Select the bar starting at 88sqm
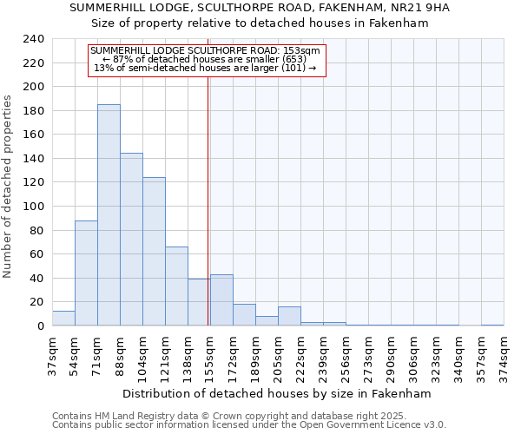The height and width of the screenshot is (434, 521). [131, 240]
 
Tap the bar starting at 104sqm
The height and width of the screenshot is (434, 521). [154, 252]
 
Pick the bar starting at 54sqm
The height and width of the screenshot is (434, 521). [86, 273]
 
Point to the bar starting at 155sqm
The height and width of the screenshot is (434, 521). [221, 300]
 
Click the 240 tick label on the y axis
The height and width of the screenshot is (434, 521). [33, 39]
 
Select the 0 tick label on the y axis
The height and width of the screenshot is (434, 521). [40, 326]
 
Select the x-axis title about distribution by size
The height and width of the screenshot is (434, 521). [277, 393]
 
